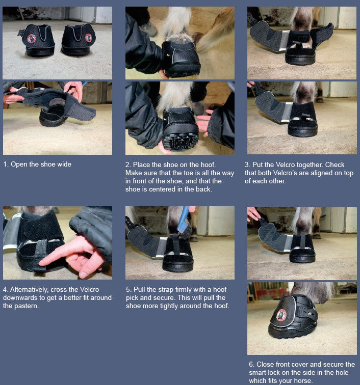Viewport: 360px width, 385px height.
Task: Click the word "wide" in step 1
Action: tap(64, 164)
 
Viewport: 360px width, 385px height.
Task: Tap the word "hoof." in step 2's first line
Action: tap(208, 164)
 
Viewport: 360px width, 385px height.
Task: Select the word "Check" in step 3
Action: tap(335, 164)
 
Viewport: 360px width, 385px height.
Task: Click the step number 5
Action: tap(128, 289)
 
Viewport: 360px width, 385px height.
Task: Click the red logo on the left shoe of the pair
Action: tap(32, 38)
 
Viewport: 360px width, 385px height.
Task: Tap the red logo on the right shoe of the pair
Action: tap(89, 38)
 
